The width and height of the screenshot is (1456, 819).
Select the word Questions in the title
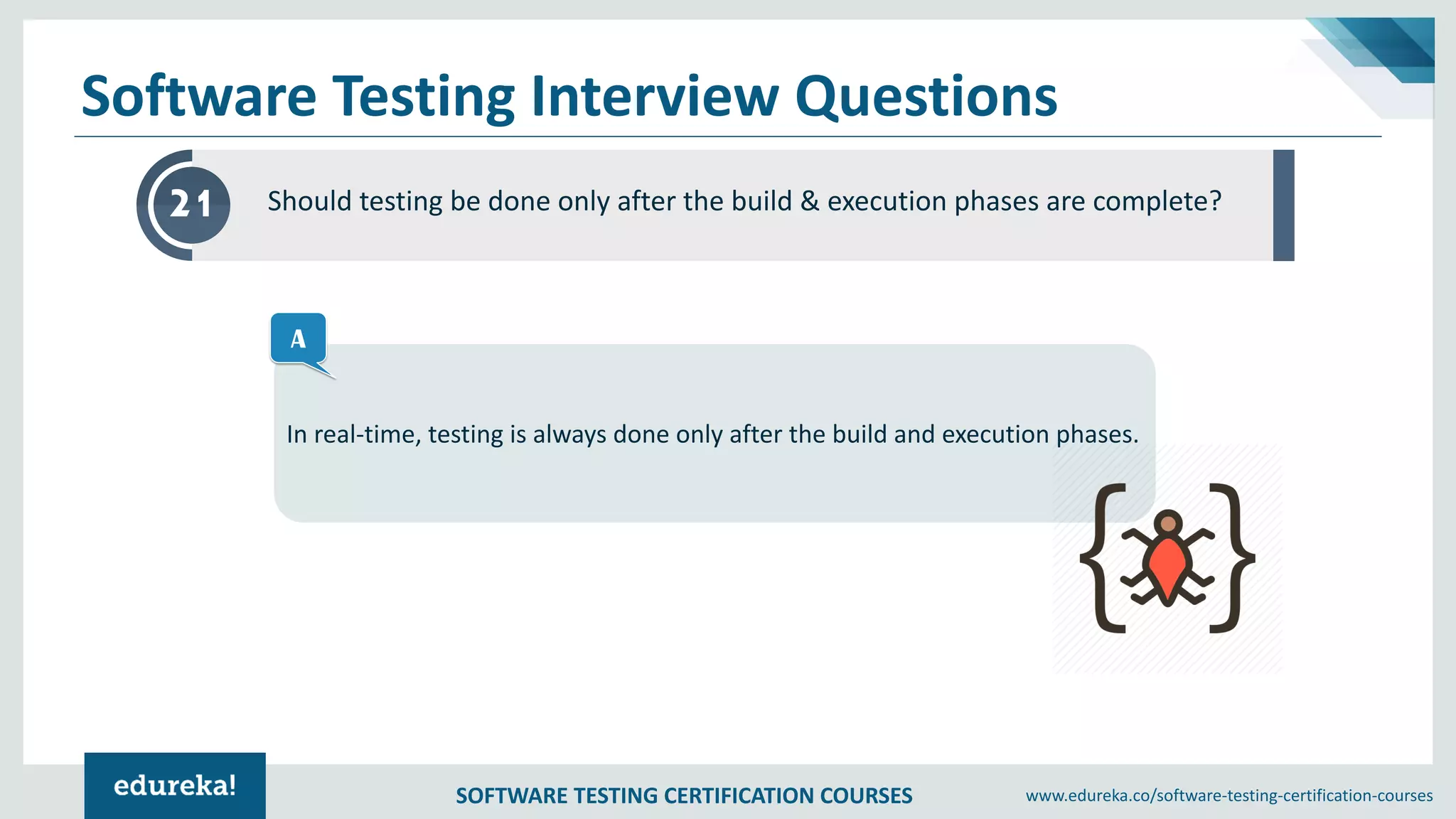tap(926, 97)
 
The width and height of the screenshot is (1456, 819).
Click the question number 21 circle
tap(191, 205)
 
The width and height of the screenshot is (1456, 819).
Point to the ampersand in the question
tap(809, 201)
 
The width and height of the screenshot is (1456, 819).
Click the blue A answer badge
tap(299, 338)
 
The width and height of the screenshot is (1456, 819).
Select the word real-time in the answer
tap(368, 434)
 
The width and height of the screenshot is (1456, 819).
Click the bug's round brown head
tap(1168, 525)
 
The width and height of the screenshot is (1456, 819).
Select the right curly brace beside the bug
tap(1232, 558)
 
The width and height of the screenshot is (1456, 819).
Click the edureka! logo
tap(175, 786)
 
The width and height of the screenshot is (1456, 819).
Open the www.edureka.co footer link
tap(1228, 796)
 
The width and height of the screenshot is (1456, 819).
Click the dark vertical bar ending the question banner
tap(1283, 205)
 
